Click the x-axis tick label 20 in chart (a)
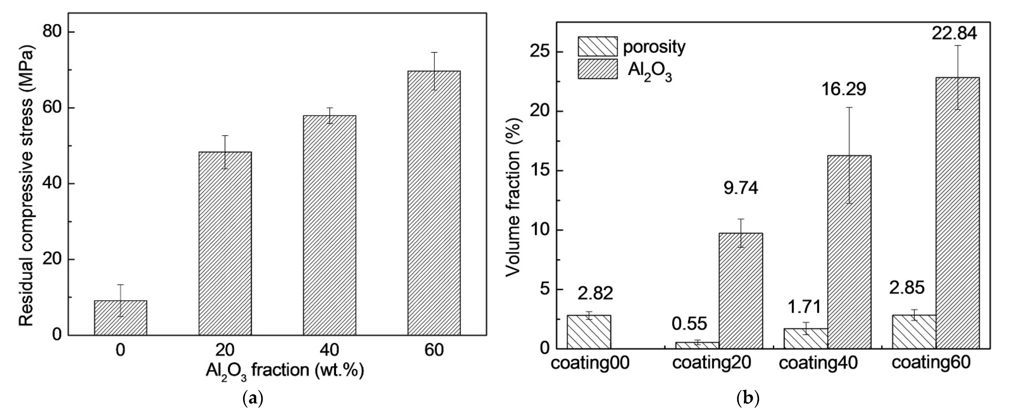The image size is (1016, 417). coord(225,350)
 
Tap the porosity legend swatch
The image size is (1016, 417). coord(597,47)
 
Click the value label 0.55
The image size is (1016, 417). coord(689,324)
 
